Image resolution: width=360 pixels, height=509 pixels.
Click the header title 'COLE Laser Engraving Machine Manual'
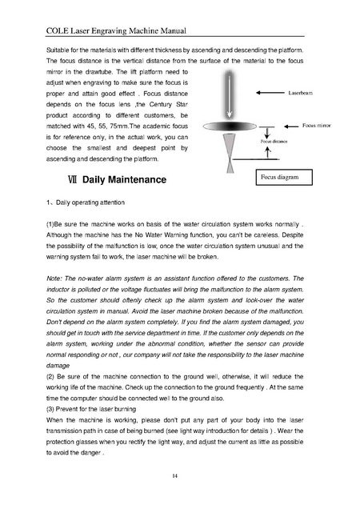click(x=116, y=31)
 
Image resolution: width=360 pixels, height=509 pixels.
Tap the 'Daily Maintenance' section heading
click(x=124, y=179)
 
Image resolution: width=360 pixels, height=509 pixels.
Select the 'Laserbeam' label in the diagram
click(x=301, y=93)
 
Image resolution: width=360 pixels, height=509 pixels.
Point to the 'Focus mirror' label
click(x=317, y=126)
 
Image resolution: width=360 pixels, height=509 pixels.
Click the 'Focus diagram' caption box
click(x=284, y=177)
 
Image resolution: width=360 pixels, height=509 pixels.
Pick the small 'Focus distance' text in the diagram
click(x=274, y=142)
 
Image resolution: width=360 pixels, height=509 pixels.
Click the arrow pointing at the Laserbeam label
click(x=270, y=93)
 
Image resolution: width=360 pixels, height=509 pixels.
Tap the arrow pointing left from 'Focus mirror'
click(x=291, y=126)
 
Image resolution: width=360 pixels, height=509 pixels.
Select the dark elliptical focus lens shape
click(x=230, y=126)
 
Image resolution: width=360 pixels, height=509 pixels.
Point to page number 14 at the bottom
click(x=175, y=476)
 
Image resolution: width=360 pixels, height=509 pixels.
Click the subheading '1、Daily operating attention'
click(x=86, y=202)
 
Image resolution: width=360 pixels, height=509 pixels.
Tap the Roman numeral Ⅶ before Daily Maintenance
click(x=73, y=179)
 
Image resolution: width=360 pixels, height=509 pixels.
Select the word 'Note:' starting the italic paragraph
click(x=54, y=279)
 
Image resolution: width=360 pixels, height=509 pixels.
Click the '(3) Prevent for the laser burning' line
click(x=91, y=409)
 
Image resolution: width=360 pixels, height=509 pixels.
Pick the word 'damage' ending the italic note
click(x=58, y=366)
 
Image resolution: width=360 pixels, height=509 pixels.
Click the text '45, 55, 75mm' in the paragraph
click(x=106, y=126)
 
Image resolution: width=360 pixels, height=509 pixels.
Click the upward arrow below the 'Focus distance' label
click(x=268, y=153)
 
